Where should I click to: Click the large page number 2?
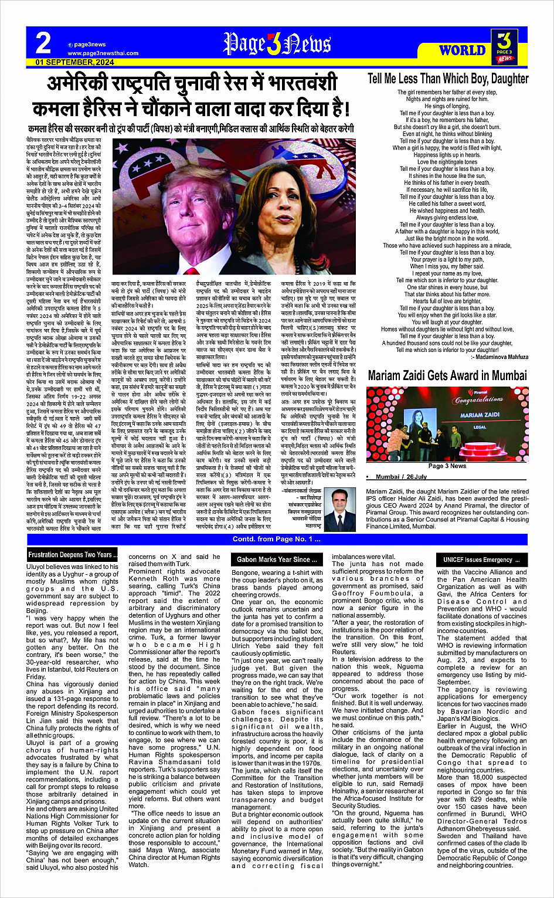(43, 43)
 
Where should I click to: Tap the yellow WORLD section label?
(462, 50)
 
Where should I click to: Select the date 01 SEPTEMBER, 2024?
(74, 62)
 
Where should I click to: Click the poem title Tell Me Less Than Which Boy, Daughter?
(448, 79)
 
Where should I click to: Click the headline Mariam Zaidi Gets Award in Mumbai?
(447, 375)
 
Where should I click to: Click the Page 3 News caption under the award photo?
(447, 466)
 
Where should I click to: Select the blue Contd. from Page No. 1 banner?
(277, 539)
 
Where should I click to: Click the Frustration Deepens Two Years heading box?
(73, 554)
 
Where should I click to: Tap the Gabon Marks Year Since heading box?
(277, 560)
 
